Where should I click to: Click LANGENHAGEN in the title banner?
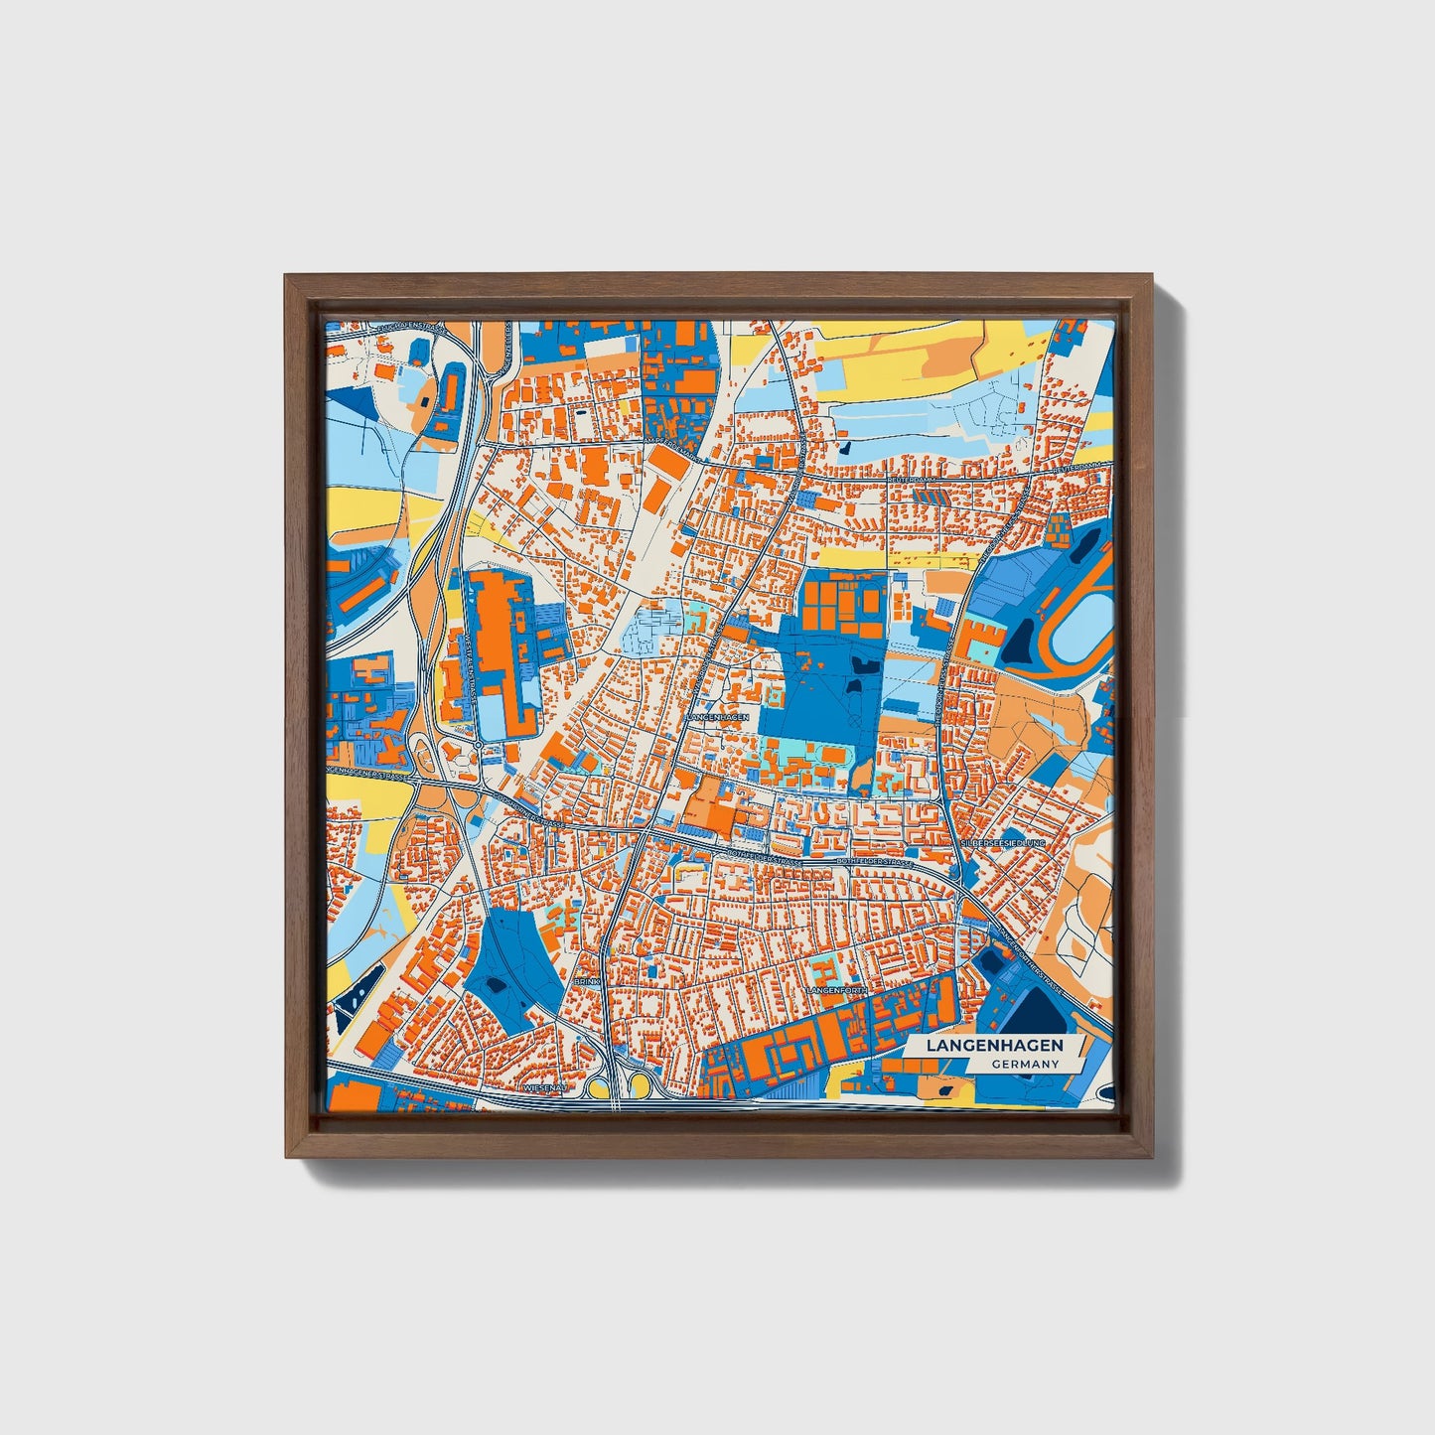tap(994, 1046)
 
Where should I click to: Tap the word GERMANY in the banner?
tap(1024, 1064)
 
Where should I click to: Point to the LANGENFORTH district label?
tap(837, 991)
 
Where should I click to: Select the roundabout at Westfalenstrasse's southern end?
tap(479, 744)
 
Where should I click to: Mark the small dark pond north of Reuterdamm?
tap(844, 448)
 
